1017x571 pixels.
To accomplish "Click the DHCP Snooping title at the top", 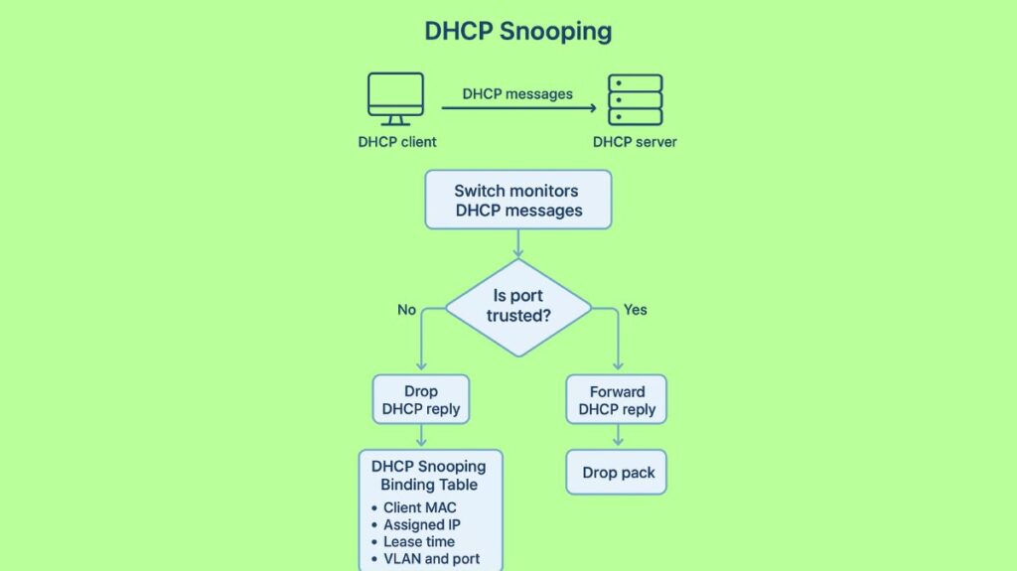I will coord(517,31).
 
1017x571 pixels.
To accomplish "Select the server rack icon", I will coord(636,99).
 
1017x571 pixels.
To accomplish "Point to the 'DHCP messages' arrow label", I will coord(517,93).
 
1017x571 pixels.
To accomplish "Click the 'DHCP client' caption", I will coord(397,142).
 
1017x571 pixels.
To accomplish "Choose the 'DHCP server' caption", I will coord(635,142).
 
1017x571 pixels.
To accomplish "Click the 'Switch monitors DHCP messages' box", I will coord(518,200).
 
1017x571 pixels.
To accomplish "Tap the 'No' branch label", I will coord(406,310).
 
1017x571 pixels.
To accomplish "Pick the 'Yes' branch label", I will coord(636,310).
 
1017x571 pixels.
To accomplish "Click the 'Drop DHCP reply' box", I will coord(420,400).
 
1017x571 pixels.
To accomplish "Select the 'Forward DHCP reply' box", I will coord(617,400).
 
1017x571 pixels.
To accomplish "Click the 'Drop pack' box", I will coord(618,473).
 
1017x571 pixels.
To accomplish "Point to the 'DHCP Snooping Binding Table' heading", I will coord(429,475).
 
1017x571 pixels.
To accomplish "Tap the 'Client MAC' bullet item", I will coord(419,507).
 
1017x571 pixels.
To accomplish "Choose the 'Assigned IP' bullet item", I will coord(421,524).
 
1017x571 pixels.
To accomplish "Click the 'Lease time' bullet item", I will coord(418,541).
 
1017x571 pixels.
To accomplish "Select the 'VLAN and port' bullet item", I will coord(431,558).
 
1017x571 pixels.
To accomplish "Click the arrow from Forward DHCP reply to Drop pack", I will coord(618,437).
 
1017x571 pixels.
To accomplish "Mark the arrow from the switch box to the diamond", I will coord(518,244).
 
